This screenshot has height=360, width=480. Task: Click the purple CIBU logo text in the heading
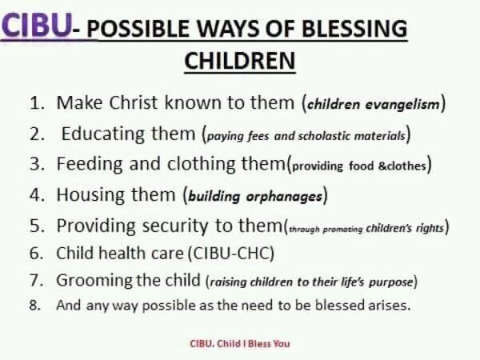click(37, 26)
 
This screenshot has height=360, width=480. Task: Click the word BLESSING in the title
click(354, 29)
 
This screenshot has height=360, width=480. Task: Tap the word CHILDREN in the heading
click(240, 61)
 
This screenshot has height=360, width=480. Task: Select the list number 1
click(37, 102)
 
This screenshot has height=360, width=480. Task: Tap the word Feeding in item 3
click(90, 164)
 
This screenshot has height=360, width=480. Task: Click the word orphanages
click(284, 196)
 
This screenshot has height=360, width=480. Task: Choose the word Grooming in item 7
click(94, 281)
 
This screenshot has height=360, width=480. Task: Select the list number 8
click(35, 306)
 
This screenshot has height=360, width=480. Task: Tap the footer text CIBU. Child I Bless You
click(240, 343)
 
